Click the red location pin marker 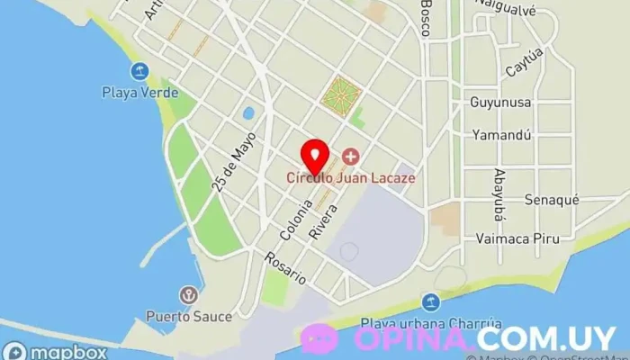313,156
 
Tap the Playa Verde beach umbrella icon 139,71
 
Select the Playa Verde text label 139,92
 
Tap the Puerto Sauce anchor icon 189,295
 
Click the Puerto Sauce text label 190,316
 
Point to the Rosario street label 285,268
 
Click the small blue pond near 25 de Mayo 247,113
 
